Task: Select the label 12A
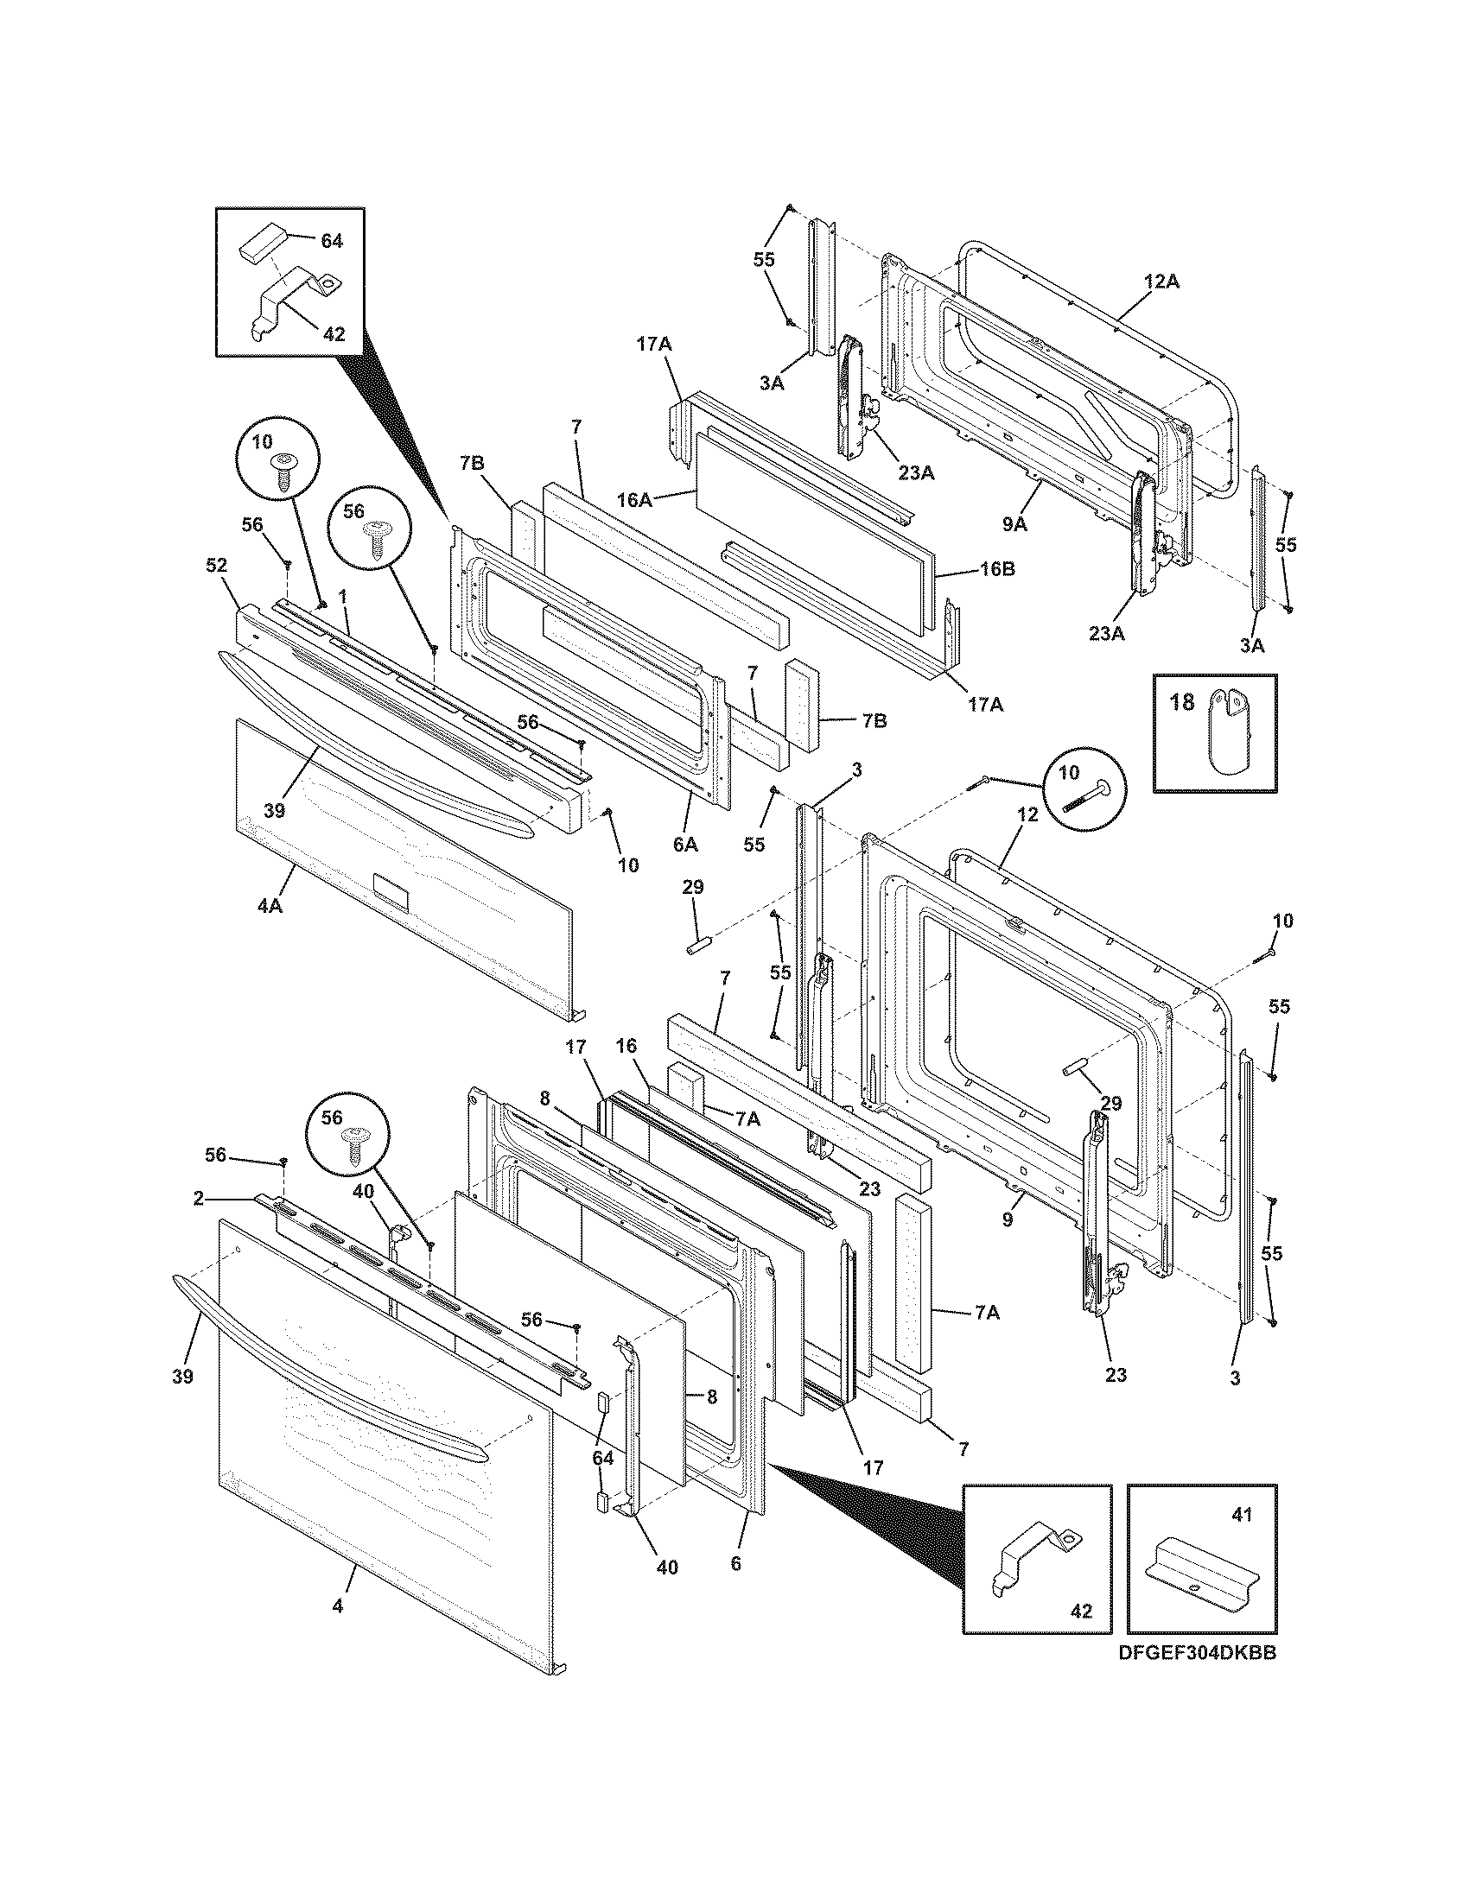(1161, 282)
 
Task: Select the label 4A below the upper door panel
(269, 905)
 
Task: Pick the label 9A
(1014, 523)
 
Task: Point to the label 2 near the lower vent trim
(199, 1199)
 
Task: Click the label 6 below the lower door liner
(735, 1563)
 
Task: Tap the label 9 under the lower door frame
(1007, 1219)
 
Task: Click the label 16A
(634, 499)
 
